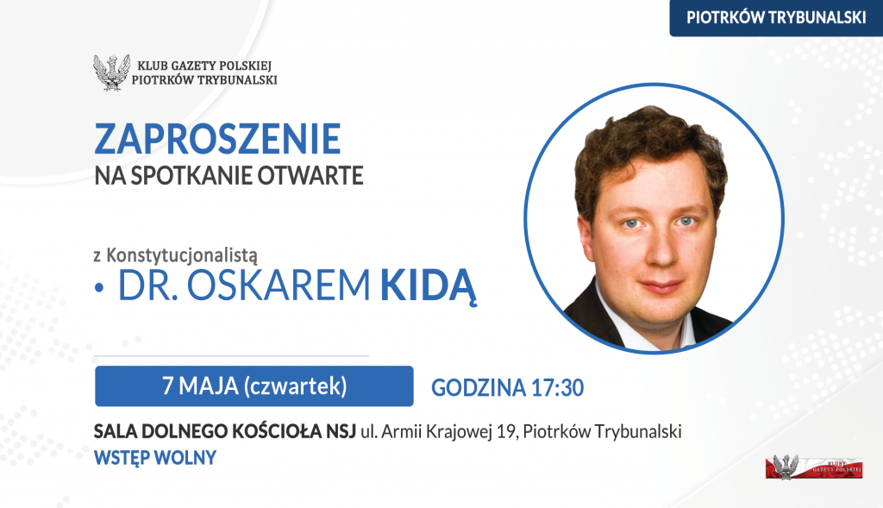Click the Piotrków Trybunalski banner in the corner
click(x=776, y=18)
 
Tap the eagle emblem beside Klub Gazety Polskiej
click(x=111, y=72)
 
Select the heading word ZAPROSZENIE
click(x=217, y=139)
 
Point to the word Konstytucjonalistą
click(x=182, y=255)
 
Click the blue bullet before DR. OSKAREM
click(x=100, y=288)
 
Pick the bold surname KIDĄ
click(x=429, y=286)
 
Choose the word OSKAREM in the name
click(x=279, y=285)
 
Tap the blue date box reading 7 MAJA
click(x=254, y=386)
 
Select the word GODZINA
click(x=479, y=388)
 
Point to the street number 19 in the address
click(x=507, y=432)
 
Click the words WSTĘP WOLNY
click(x=155, y=458)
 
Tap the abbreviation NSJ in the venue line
click(x=341, y=432)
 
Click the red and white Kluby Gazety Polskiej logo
click(x=814, y=467)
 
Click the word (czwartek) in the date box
click(x=296, y=386)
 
